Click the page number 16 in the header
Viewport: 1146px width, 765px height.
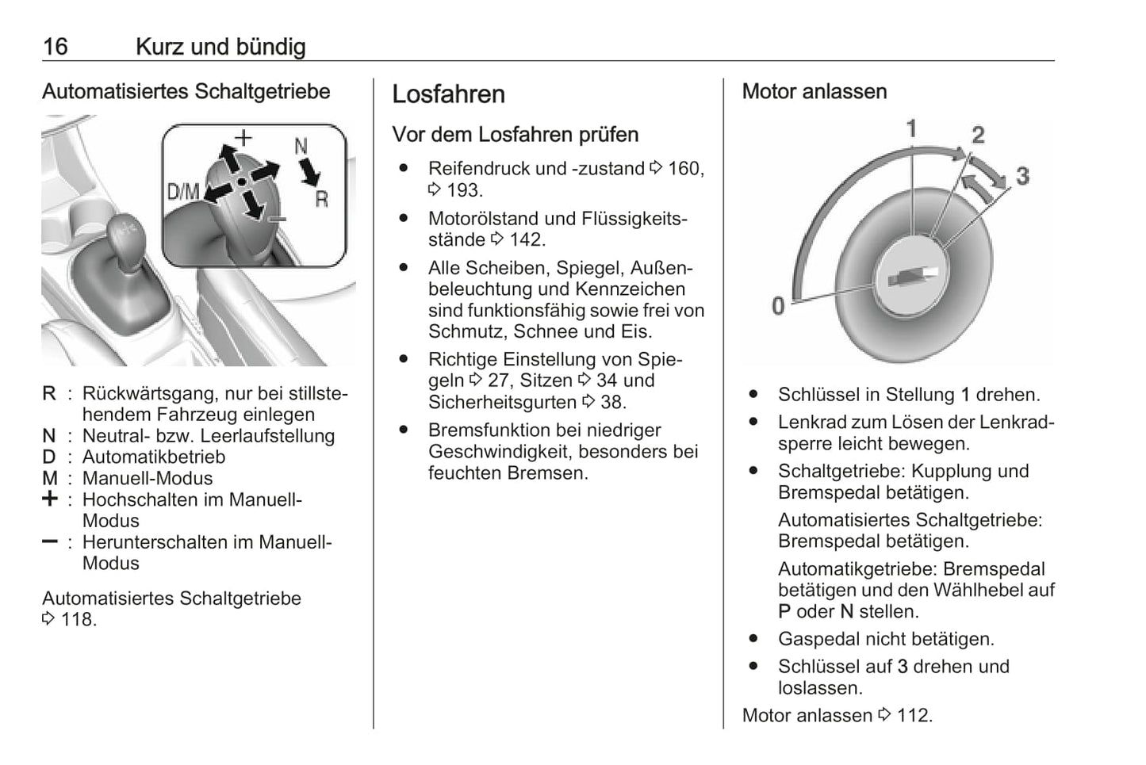click(55, 47)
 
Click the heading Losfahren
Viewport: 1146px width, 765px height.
click(448, 94)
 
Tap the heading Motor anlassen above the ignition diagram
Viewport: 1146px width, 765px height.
click(814, 92)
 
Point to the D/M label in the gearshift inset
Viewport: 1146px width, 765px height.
click(182, 191)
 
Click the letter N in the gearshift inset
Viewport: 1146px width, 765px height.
click(301, 147)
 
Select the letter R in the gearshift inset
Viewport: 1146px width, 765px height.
click(321, 199)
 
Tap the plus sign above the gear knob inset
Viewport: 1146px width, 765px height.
click(243, 138)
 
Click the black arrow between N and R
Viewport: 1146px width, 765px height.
click(309, 171)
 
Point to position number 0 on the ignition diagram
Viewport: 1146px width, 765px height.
click(778, 306)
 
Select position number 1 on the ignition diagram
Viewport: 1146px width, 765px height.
click(911, 128)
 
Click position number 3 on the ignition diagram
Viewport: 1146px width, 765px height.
click(1022, 176)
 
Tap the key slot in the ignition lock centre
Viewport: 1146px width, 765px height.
click(912, 277)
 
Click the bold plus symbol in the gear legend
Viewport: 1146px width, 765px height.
click(50, 499)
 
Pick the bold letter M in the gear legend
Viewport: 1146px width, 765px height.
click(50, 479)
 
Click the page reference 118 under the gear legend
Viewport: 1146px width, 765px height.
click(78, 620)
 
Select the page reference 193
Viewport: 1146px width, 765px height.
click(463, 190)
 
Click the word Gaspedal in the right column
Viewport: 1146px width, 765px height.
click(814, 640)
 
